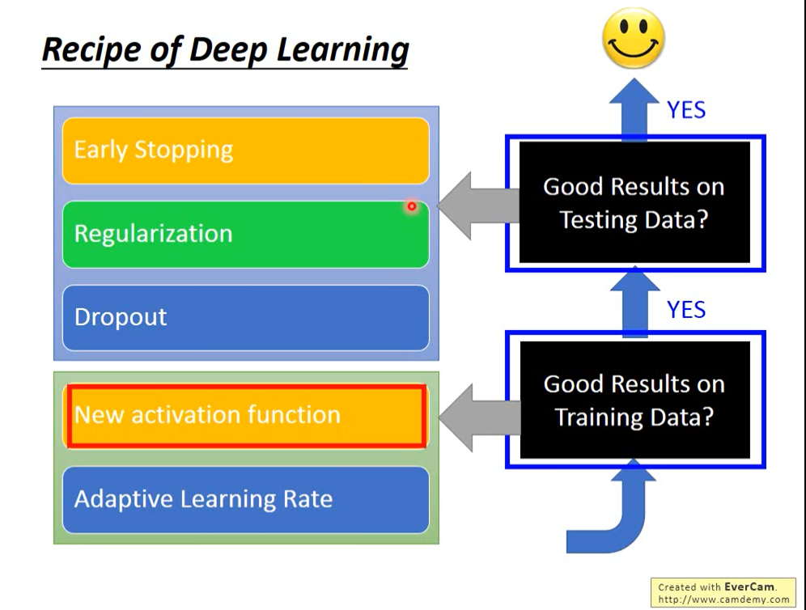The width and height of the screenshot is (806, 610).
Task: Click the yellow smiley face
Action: (634, 38)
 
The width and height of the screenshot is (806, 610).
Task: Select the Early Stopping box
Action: (245, 150)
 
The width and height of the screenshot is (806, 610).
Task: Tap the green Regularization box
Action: (245, 234)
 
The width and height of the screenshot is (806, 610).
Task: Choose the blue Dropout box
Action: (245, 317)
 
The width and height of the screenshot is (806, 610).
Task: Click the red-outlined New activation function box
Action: (246, 416)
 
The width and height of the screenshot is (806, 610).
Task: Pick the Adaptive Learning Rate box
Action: (245, 499)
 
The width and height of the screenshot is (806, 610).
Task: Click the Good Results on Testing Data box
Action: (634, 203)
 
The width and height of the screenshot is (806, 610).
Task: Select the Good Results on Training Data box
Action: (634, 400)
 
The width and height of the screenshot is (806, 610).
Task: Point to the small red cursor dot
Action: (411, 207)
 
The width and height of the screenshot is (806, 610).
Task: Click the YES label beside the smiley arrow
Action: (686, 110)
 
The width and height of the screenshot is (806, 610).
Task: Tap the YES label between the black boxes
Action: (686, 310)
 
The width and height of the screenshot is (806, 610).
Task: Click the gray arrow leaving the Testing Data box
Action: (477, 205)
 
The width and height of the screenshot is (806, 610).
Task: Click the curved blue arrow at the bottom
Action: (615, 518)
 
